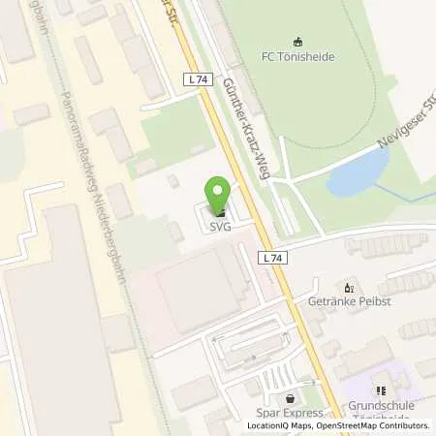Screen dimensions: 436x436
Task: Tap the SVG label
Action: click(222, 227)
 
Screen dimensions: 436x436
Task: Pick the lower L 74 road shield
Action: click(274, 258)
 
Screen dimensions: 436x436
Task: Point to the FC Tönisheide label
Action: click(297, 54)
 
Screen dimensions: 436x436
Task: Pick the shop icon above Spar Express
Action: click(291, 397)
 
